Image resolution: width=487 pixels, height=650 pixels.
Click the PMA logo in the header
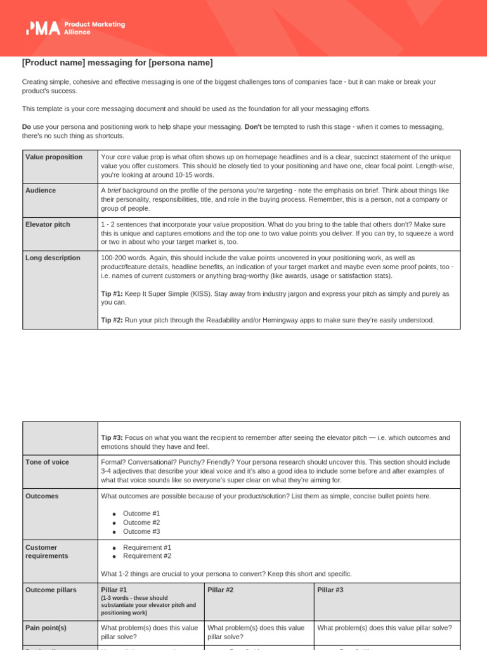point(75,28)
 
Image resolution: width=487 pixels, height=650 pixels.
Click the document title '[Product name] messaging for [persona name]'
point(117,63)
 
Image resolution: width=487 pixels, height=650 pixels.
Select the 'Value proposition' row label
point(54,157)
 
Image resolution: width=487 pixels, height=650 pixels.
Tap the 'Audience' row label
point(41,190)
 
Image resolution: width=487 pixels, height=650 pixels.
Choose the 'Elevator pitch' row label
point(48,224)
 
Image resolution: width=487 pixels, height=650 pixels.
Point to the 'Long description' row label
point(53,258)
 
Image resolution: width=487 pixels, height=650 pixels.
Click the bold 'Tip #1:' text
point(112,294)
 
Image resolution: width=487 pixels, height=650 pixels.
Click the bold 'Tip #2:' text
point(112,320)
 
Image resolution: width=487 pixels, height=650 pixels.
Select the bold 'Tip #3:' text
point(112,438)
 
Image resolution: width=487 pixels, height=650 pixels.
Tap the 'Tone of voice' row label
point(48,461)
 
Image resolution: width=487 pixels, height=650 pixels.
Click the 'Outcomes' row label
point(42,496)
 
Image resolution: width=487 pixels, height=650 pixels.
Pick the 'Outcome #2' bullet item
point(141,522)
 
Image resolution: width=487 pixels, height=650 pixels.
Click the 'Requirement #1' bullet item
point(147,547)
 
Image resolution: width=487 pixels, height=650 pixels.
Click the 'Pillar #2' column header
point(220,590)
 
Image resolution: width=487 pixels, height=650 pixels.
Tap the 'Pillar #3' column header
point(330,590)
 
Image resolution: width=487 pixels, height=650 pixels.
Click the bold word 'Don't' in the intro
point(253,127)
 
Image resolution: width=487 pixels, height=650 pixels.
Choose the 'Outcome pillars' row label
point(51,590)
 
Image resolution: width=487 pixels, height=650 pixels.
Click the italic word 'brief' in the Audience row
point(114,190)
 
